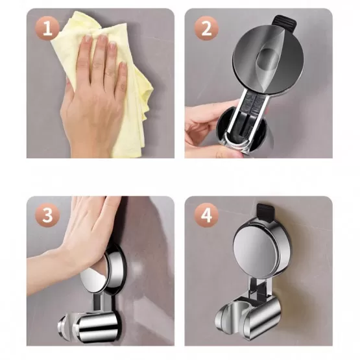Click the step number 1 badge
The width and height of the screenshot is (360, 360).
[x=47, y=29]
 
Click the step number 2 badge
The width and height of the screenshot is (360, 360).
[x=206, y=29]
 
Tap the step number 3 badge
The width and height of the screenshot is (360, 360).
[x=47, y=215]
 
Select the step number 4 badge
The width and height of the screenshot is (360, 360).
[x=206, y=215]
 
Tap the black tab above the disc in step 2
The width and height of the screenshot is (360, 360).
[x=283, y=22]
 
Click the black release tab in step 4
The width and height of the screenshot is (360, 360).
[x=267, y=213]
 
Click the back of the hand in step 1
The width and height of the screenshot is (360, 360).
[x=92, y=103]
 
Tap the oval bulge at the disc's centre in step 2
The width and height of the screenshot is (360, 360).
[x=268, y=59]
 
